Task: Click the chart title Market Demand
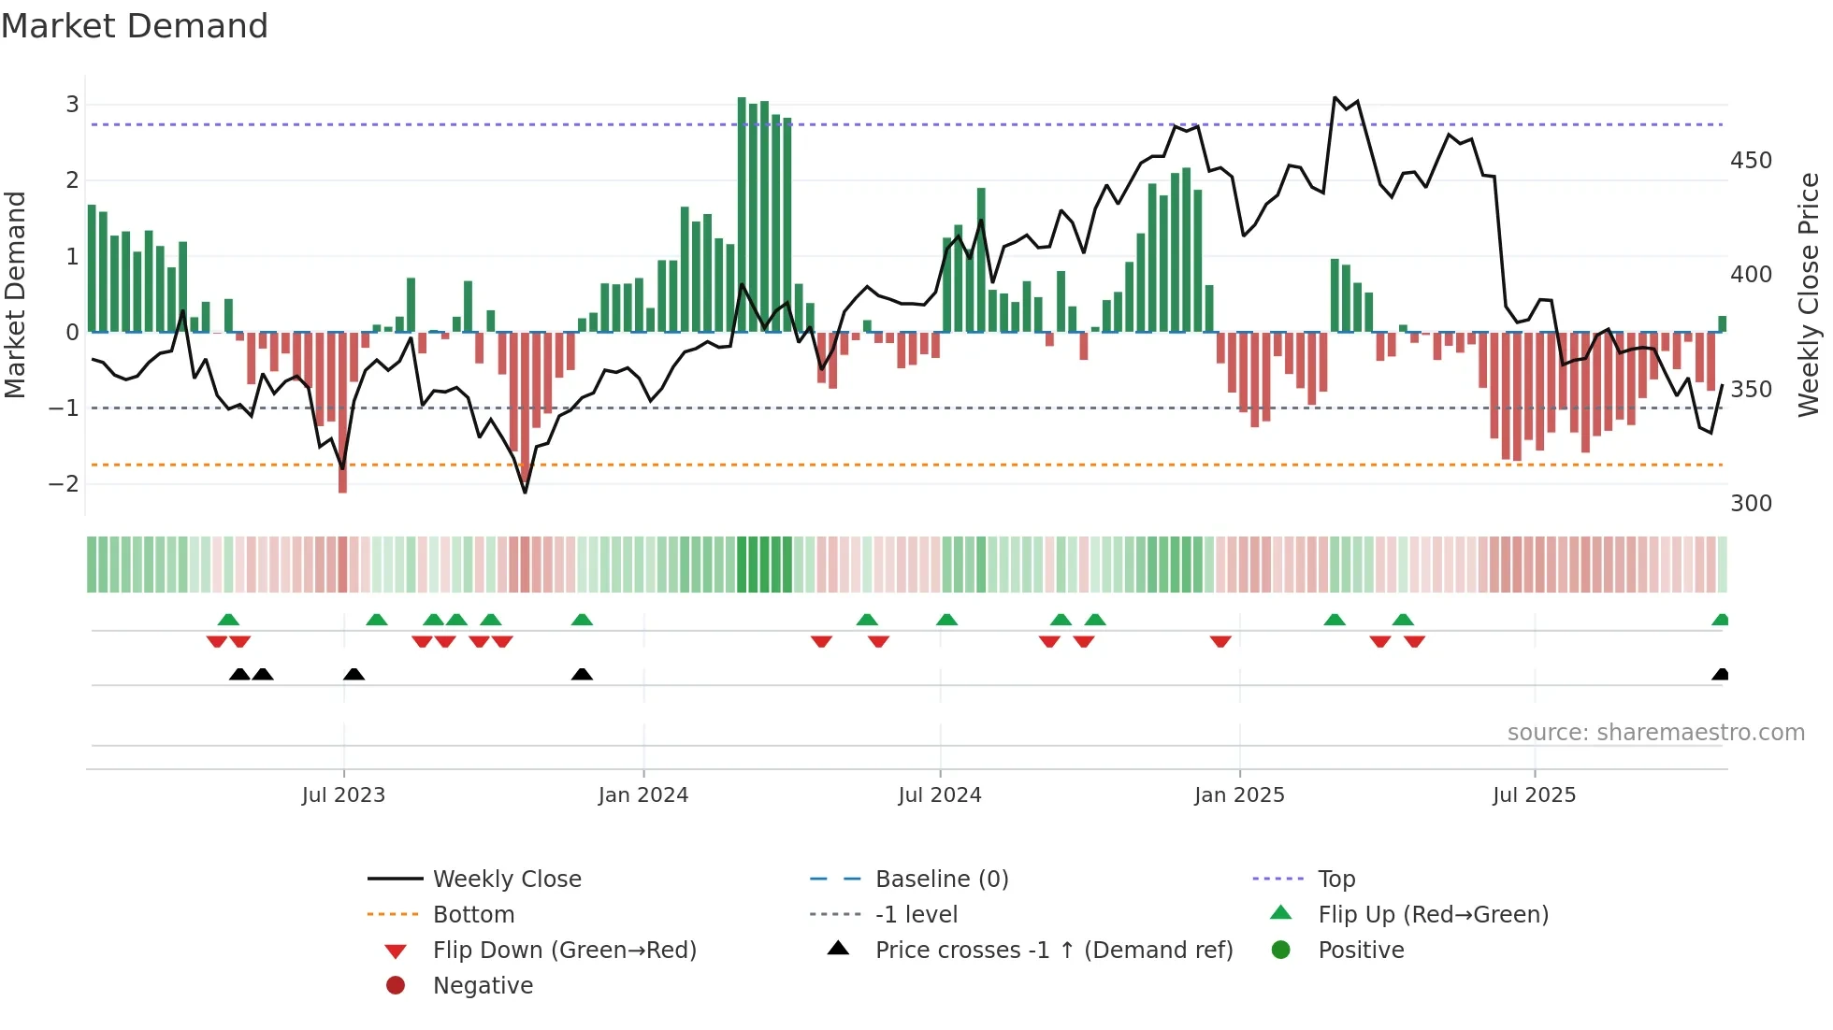(x=135, y=26)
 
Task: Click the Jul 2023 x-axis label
(x=343, y=795)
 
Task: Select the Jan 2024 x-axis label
(x=643, y=795)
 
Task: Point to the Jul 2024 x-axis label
(x=940, y=795)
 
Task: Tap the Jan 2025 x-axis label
(x=1239, y=795)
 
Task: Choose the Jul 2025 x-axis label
(x=1535, y=795)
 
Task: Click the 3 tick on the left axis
(x=72, y=105)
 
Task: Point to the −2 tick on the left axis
(x=64, y=484)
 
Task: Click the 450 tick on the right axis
(x=1751, y=161)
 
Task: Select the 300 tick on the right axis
(x=1751, y=504)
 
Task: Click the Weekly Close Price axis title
(x=1809, y=294)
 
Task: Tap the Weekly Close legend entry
(x=507, y=880)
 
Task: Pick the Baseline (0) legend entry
(x=941, y=880)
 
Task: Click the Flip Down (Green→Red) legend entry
(x=564, y=951)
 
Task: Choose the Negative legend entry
(x=483, y=986)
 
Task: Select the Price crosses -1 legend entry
(x=1053, y=951)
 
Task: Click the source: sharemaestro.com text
(x=1655, y=733)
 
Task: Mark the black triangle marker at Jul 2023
(x=354, y=675)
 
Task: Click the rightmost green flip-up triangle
(x=1720, y=620)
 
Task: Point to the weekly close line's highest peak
(x=1335, y=97)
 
